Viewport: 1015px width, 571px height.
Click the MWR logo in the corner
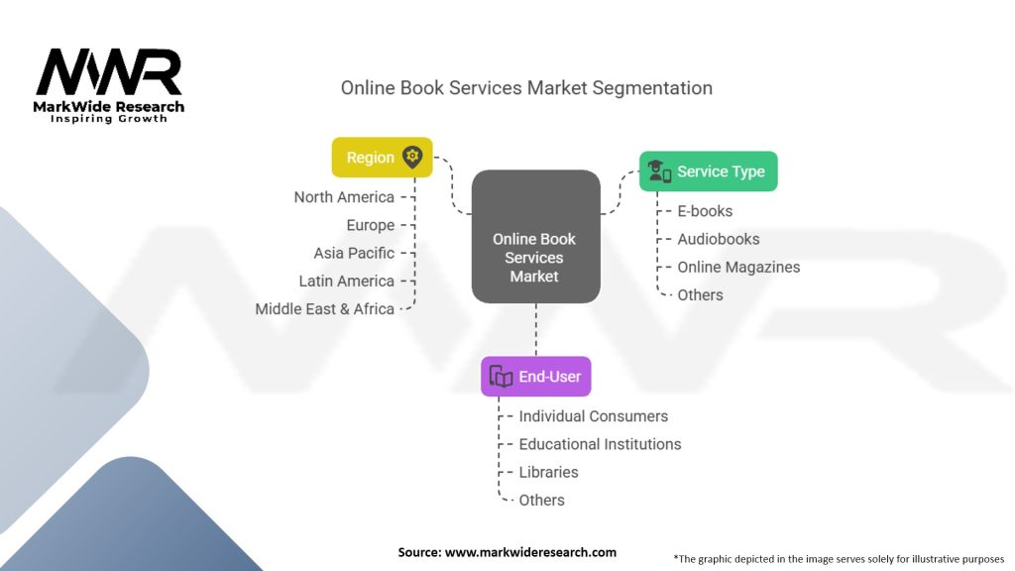point(109,85)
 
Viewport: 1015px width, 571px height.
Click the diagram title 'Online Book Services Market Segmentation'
point(526,88)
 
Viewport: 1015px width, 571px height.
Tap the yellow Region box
point(382,158)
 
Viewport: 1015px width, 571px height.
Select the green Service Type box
point(708,171)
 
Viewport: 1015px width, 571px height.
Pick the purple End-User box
point(536,376)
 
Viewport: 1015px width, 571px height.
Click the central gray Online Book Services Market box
point(536,236)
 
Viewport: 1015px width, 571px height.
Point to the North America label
point(344,197)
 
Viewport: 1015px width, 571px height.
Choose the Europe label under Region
point(371,225)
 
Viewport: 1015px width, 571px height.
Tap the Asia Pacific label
point(354,253)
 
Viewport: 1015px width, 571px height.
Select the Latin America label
point(346,281)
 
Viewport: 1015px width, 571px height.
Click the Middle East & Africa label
point(324,309)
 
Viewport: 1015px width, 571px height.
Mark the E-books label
point(705,211)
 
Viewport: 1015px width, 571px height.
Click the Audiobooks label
point(719,239)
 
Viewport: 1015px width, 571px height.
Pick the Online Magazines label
point(738,267)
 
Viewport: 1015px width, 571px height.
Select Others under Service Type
point(700,295)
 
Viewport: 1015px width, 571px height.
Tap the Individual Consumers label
point(594,416)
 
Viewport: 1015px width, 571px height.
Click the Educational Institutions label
point(600,444)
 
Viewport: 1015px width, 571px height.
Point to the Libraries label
point(548,472)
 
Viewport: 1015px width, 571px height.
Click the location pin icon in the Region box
point(412,157)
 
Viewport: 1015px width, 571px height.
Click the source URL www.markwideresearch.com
point(531,552)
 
